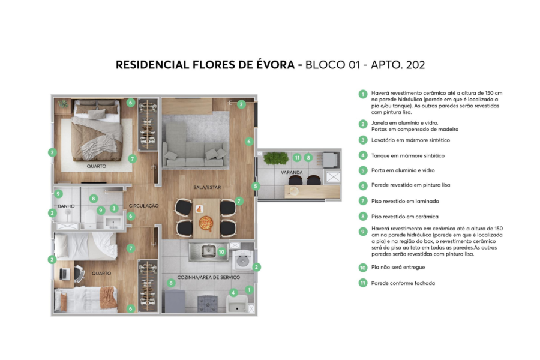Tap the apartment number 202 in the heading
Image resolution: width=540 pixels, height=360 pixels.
413,65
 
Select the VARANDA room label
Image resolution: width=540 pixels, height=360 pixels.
291,173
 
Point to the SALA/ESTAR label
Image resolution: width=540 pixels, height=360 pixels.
207,187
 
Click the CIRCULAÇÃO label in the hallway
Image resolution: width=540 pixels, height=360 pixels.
143,206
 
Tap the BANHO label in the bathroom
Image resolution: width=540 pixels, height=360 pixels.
67,206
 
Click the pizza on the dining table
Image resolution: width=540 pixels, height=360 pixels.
205,224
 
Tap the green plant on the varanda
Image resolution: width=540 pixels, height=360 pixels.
276,158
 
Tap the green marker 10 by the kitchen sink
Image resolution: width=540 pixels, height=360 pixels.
221,251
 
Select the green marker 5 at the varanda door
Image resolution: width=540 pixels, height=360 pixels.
255,186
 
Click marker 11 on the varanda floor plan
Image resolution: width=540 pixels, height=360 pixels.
297,158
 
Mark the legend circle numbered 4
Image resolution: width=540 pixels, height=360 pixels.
362,155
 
